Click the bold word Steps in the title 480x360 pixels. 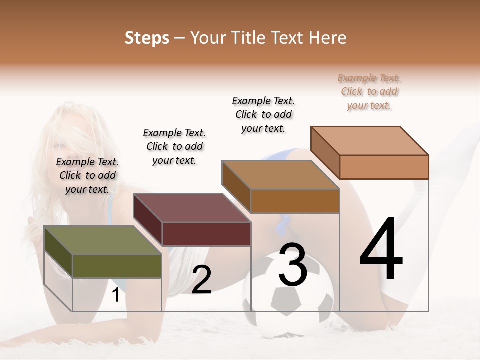coord(147,38)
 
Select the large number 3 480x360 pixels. coord(293,265)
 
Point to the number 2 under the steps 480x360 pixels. coord(201,280)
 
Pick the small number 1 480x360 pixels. coord(115,295)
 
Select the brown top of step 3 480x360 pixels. coord(280,175)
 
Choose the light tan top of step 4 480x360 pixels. coord(369,140)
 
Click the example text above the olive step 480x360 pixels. coord(87,175)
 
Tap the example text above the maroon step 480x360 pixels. coord(174,146)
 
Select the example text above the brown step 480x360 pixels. coord(263,114)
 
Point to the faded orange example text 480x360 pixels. coord(369,91)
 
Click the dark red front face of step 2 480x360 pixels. coord(206,234)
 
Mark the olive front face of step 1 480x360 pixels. coord(117,266)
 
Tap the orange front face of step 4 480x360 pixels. coord(384,167)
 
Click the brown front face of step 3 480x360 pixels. coord(295,201)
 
